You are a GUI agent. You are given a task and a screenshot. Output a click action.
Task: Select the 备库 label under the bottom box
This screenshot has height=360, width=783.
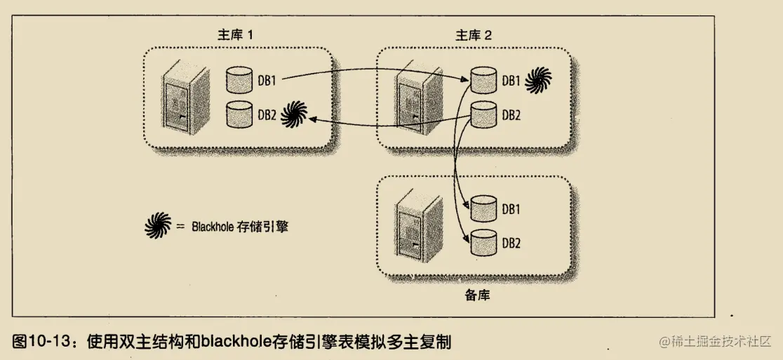click(x=477, y=295)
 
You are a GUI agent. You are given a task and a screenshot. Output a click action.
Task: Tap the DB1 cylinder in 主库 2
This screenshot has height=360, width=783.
click(x=483, y=79)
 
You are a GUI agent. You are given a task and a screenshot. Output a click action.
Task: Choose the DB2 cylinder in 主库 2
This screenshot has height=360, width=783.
click(x=483, y=113)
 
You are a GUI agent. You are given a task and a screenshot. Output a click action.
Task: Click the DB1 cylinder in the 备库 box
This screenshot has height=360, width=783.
click(x=483, y=207)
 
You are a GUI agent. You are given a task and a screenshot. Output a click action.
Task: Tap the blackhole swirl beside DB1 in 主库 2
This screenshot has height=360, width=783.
click(x=537, y=80)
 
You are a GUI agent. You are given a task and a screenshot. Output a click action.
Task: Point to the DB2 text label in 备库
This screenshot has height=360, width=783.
click(x=511, y=243)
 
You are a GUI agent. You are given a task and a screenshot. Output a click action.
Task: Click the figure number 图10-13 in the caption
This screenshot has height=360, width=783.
click(x=42, y=342)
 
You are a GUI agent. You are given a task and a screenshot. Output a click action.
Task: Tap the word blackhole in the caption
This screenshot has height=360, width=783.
click(x=235, y=342)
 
